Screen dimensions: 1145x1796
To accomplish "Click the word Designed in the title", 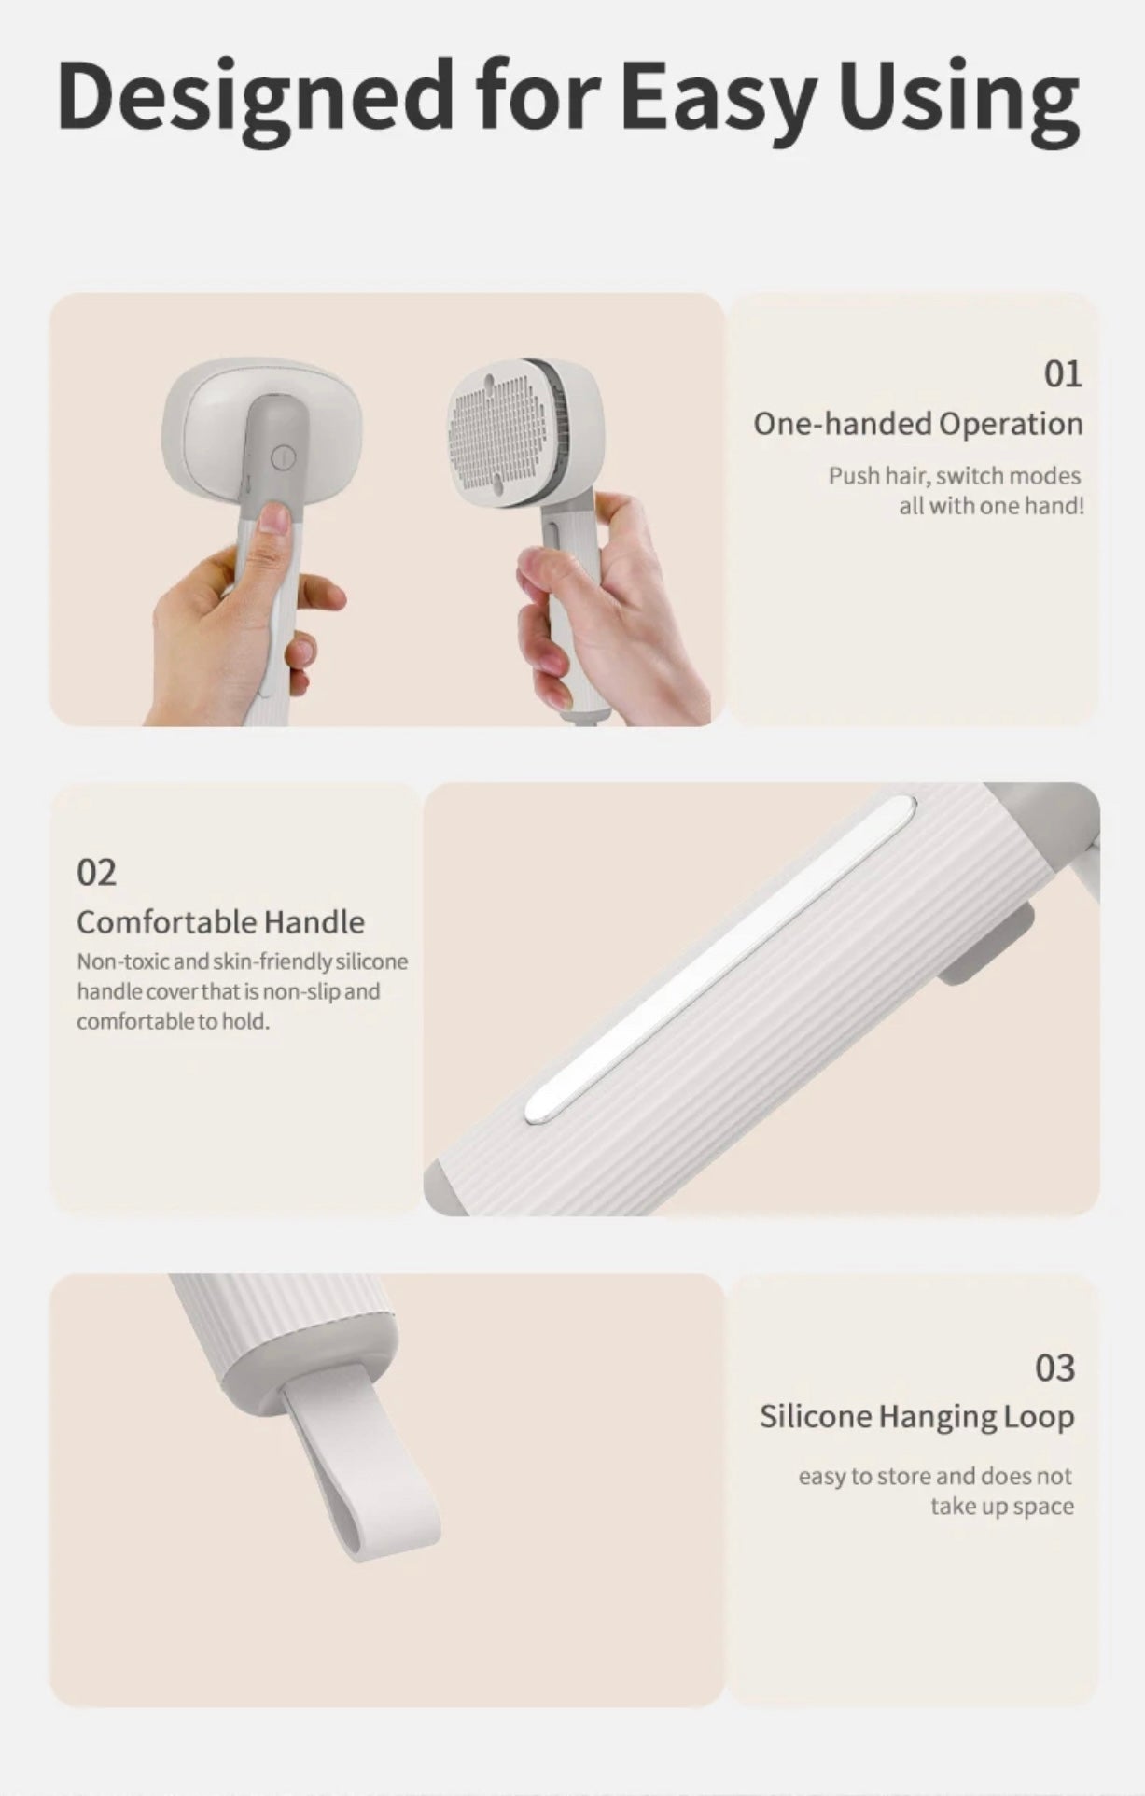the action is coord(255,96).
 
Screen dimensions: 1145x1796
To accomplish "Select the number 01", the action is coord(1063,374).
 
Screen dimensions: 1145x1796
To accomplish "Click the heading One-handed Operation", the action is coord(918,424).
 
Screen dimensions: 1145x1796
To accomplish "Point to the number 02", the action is coord(97,873).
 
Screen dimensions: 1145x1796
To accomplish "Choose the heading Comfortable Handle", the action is coord(220,922).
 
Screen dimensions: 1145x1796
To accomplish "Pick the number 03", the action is coord(1054,1368).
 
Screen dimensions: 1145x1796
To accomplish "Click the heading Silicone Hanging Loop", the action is coord(916,1417).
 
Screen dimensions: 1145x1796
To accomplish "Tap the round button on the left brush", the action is coord(284,457).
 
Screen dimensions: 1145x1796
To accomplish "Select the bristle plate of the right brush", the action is coord(500,434).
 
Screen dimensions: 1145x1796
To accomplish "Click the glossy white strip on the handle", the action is coord(720,959).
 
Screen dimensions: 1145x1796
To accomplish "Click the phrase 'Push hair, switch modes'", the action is coord(955,476).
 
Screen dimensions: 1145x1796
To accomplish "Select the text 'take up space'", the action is coord(1002,1506).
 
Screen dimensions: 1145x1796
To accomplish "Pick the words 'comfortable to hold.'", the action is coord(173,1021).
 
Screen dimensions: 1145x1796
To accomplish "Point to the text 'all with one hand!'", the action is coord(992,506).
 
